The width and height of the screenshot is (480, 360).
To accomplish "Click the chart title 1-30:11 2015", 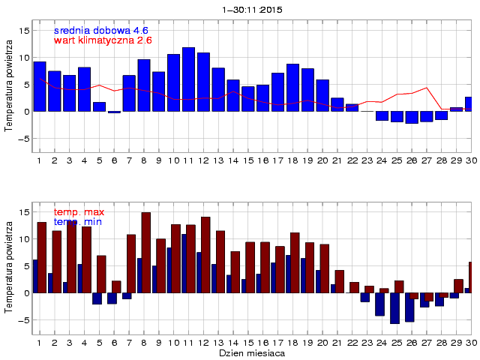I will [x=251, y=10].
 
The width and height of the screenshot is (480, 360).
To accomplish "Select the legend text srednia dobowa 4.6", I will [x=101, y=30].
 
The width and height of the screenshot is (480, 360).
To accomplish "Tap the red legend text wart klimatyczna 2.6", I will [x=103, y=40].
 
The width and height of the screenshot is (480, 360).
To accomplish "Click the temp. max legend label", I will [x=79, y=213].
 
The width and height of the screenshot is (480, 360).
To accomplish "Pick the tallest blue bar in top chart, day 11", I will [x=188, y=79].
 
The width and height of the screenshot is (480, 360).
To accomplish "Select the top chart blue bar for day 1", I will [x=40, y=86].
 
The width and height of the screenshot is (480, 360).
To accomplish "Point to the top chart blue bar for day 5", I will [x=99, y=106].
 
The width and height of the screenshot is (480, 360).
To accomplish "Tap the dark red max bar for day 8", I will [x=145, y=252].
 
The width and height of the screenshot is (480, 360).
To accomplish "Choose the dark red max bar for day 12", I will [x=205, y=254].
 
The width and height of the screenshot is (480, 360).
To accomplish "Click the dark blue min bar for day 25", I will [x=394, y=307].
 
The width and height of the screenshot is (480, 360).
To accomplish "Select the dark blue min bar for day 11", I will [x=183, y=263].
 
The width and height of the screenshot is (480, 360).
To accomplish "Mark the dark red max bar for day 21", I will [x=339, y=281].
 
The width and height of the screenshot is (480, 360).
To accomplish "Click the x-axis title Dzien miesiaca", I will [x=251, y=352].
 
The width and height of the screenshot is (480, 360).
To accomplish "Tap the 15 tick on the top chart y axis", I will [x=25, y=31].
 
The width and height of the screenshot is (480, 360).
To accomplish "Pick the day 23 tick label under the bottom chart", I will [x=367, y=342].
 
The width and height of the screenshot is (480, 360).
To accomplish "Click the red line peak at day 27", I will [x=427, y=88].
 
